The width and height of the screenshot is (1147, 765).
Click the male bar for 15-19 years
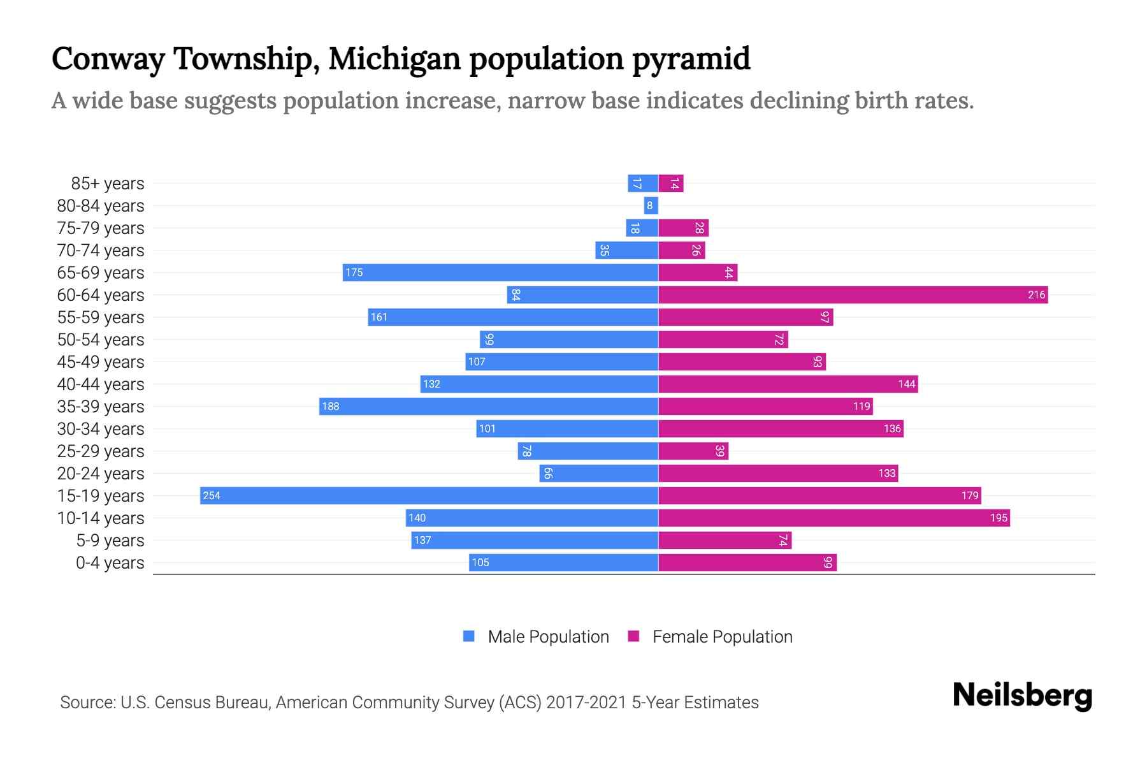click(428, 495)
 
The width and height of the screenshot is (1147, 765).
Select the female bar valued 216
click(853, 295)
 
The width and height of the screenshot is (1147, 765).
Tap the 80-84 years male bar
click(651, 205)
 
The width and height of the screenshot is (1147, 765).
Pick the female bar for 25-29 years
click(693, 451)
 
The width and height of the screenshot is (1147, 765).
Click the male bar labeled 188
click(488, 406)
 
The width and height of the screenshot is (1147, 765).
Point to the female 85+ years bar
click(671, 184)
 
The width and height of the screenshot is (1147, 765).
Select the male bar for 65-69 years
click(500, 272)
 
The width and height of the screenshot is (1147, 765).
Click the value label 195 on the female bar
click(999, 518)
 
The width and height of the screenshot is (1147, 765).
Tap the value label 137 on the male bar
click(422, 540)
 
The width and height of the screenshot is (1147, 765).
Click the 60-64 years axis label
click(101, 295)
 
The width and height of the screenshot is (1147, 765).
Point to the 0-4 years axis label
click(110, 563)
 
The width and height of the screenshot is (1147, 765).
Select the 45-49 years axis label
click(101, 362)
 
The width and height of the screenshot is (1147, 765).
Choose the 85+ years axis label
click(107, 184)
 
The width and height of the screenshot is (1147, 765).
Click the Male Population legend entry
click(548, 636)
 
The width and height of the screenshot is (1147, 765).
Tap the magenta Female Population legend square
click(633, 636)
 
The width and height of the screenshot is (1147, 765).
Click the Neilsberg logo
click(1022, 695)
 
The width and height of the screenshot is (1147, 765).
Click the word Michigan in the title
click(394, 59)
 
